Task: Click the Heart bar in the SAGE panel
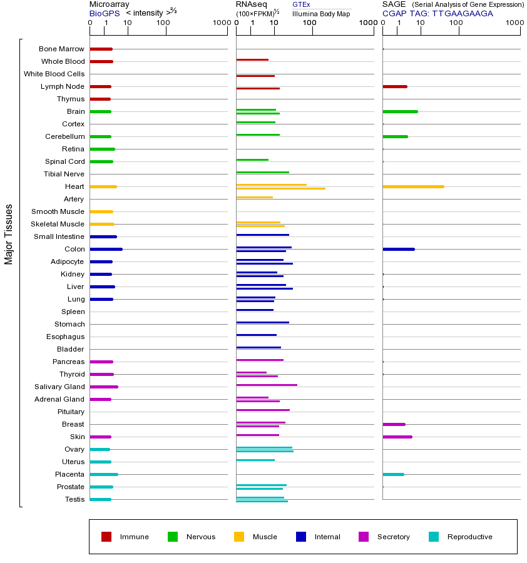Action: tap(413, 186)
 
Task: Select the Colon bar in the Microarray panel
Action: tap(106, 249)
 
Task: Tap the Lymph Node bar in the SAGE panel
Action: tap(394, 86)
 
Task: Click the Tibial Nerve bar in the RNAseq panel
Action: tap(262, 172)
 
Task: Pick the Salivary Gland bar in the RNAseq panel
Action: tap(267, 385)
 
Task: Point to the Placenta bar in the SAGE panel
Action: tap(393, 474)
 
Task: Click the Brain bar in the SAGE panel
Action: tap(400, 111)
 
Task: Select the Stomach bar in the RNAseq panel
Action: tap(262, 322)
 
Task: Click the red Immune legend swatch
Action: tap(106, 537)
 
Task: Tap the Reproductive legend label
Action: tap(469, 537)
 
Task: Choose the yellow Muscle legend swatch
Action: tap(239, 537)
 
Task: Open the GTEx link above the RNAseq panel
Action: tap(301, 5)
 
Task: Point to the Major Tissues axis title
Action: tap(9, 234)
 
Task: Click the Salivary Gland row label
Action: tap(59, 387)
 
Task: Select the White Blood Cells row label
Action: tap(54, 74)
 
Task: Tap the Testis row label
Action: tap(74, 499)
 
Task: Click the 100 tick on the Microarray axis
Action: tap(163, 23)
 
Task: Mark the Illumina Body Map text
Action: tap(321, 13)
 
